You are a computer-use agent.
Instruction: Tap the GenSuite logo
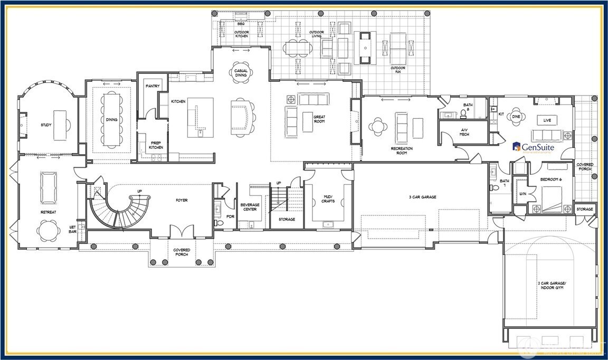pos(533,147)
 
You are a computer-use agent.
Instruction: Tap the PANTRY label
pos(153,86)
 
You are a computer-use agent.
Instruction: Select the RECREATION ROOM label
pos(402,151)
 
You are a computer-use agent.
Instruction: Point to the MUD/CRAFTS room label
pos(328,200)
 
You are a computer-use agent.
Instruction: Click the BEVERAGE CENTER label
pos(250,207)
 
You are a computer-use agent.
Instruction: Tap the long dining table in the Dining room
pos(112,119)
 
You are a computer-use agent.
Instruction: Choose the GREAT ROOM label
pos(319,119)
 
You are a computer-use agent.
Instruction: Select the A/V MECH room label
pos(465,132)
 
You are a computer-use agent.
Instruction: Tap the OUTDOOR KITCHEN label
pos(241,34)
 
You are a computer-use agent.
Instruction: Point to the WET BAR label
pos(73,230)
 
